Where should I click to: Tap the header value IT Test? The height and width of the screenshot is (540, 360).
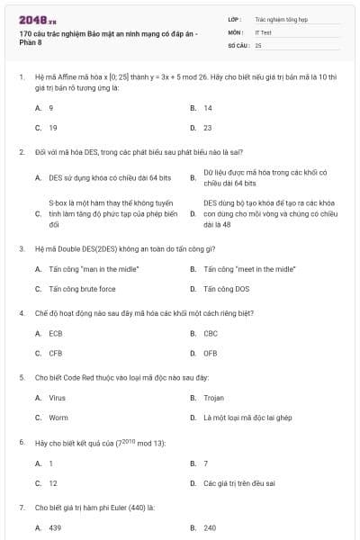(263, 31)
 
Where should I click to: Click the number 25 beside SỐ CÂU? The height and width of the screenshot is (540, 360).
(258, 44)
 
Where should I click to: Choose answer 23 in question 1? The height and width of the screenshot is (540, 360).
(208, 128)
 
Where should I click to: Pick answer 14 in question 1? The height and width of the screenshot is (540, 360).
(208, 107)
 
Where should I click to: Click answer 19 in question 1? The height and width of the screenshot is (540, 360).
(53, 128)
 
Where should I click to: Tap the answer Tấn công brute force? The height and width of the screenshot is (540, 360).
(82, 289)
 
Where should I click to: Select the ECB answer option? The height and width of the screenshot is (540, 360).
(56, 333)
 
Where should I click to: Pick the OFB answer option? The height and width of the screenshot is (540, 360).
(211, 354)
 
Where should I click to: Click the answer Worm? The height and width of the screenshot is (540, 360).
(58, 418)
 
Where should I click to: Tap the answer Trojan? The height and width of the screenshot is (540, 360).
(213, 397)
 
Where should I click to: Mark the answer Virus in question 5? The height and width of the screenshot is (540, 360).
(57, 397)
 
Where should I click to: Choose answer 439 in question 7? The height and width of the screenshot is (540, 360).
(55, 527)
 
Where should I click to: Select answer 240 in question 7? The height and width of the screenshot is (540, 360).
(210, 527)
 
